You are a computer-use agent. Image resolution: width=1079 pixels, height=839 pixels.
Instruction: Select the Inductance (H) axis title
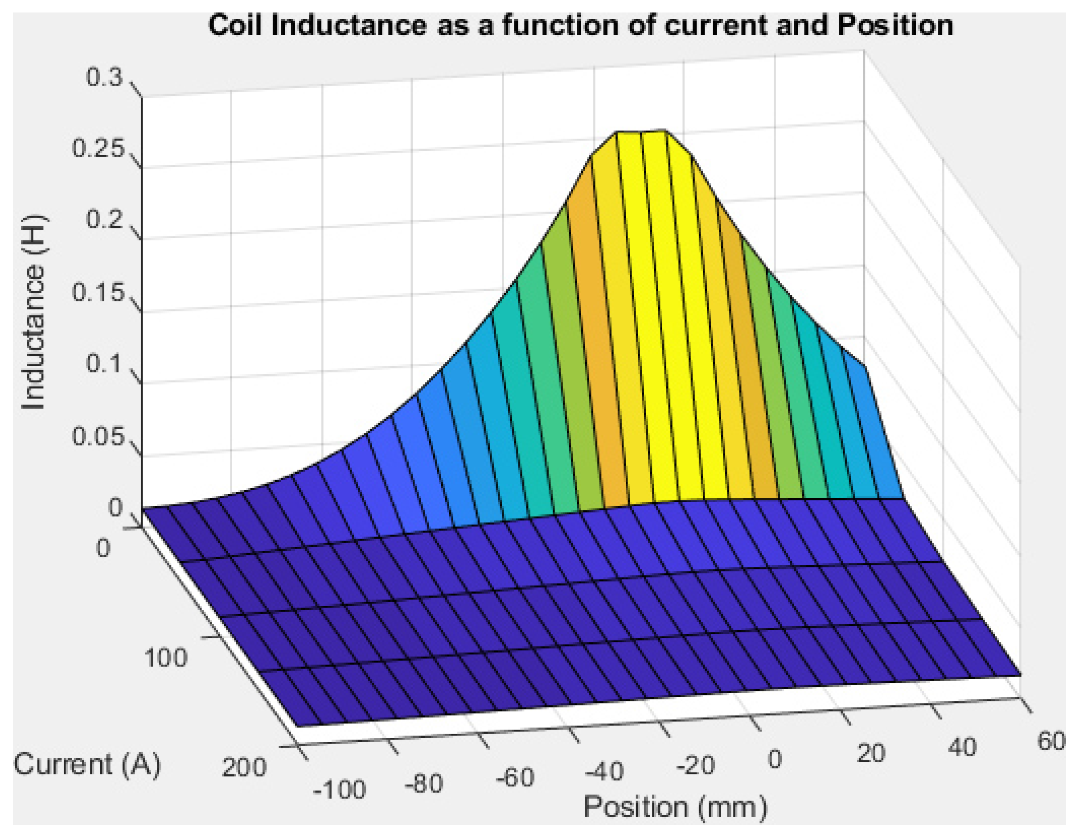point(33,313)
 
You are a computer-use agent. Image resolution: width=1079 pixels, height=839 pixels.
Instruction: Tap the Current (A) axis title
point(87,765)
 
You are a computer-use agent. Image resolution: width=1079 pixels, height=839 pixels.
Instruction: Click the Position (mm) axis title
point(675,807)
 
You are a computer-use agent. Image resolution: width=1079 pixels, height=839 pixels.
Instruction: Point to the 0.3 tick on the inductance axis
point(104,78)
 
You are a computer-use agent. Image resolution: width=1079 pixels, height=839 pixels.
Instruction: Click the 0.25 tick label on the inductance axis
point(97,149)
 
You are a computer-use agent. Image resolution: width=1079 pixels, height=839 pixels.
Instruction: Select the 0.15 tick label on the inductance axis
point(97,293)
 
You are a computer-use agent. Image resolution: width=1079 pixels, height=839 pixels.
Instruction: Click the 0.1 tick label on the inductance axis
point(104,364)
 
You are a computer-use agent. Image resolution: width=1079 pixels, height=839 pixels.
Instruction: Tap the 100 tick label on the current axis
point(165,658)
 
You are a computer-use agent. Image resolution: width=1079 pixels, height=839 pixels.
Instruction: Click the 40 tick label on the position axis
point(962,747)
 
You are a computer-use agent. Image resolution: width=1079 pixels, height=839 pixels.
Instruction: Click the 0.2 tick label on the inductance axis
point(104,219)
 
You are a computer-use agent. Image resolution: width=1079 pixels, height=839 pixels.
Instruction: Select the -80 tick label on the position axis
point(423,784)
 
